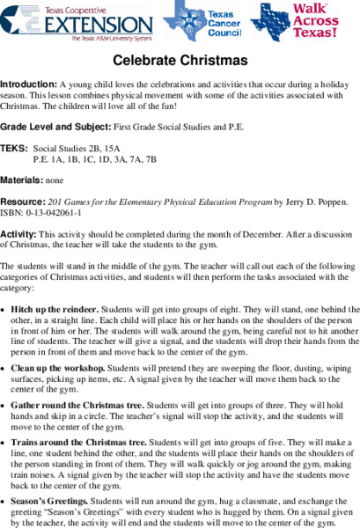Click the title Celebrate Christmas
180,61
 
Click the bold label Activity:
19,234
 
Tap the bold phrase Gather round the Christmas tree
77,405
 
